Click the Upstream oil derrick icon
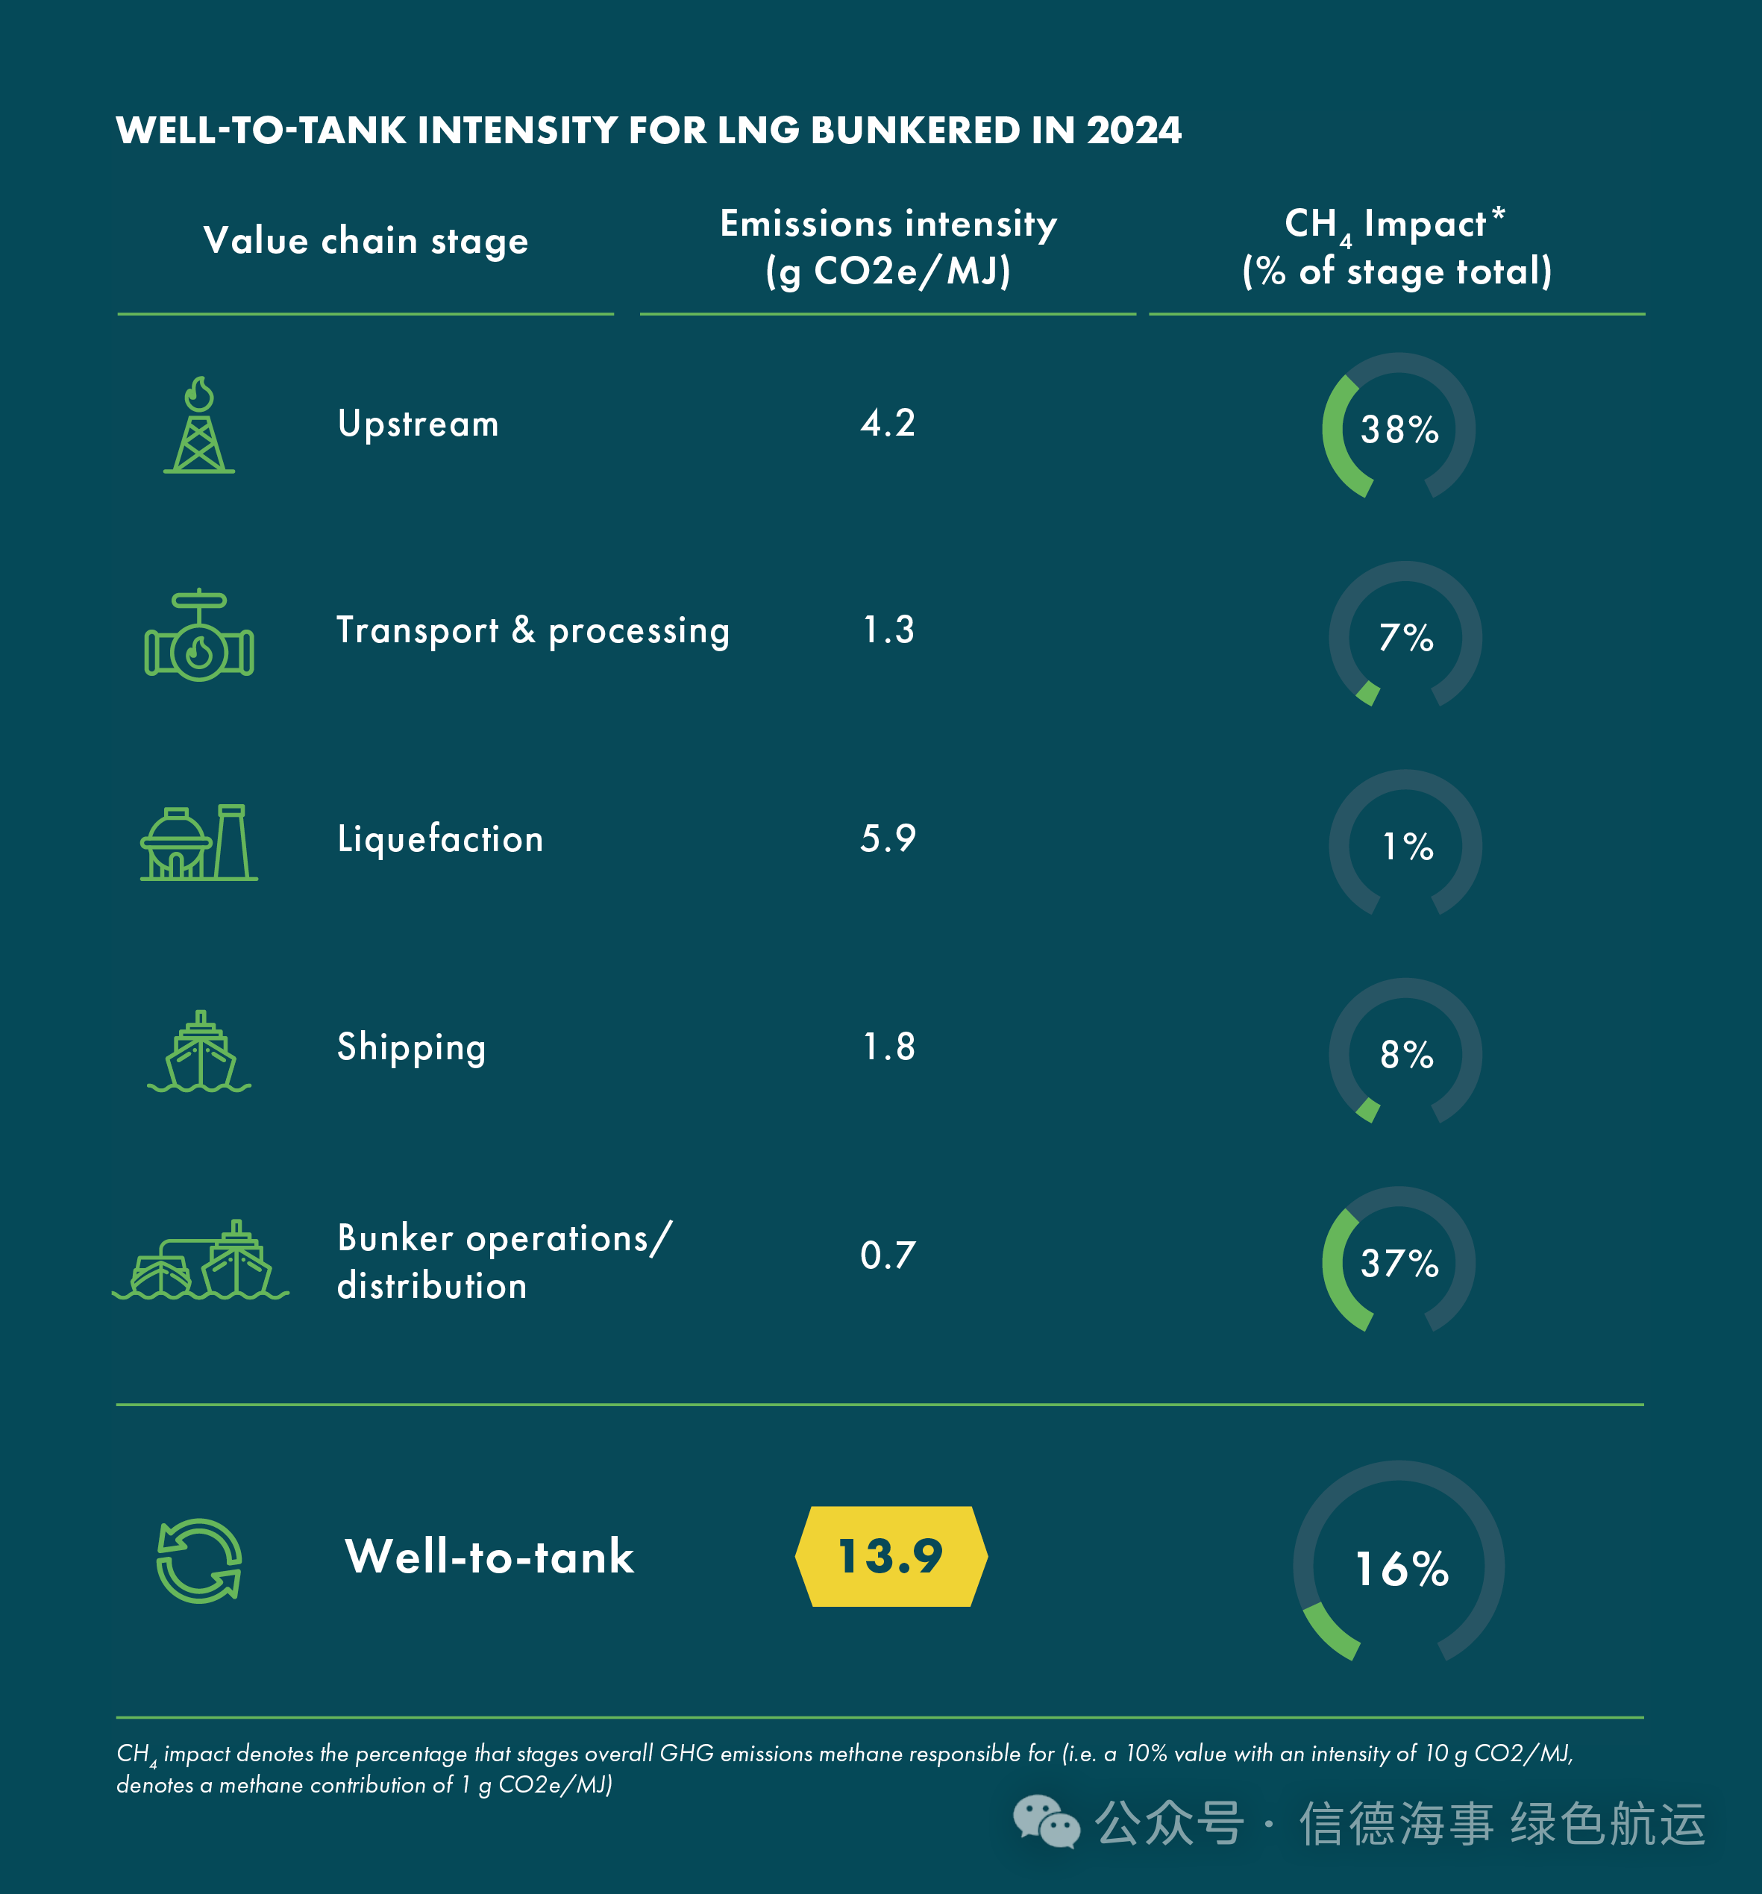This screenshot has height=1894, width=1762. pos(199,425)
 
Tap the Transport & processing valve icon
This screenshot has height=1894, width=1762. pos(199,635)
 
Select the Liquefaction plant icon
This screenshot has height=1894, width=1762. pos(199,843)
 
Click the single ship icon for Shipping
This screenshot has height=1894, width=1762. pos(199,1052)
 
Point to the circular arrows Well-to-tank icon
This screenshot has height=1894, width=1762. pos(199,1561)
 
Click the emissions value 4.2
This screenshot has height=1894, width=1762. pos(887,423)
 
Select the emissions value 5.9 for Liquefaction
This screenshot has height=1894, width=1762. pos(887,838)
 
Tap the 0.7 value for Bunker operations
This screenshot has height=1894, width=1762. pos(887,1255)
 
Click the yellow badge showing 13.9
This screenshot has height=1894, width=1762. pos(891,1556)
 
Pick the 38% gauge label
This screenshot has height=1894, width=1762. pos(1399,430)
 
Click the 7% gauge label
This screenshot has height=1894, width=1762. pos(1405,637)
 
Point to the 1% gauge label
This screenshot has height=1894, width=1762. pos(1407,846)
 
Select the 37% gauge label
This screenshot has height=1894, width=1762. pos(1399,1264)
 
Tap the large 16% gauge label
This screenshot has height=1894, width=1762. pos(1402,1568)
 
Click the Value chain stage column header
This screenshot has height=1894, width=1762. pos(366,241)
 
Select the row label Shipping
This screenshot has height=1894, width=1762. pos(412,1047)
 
